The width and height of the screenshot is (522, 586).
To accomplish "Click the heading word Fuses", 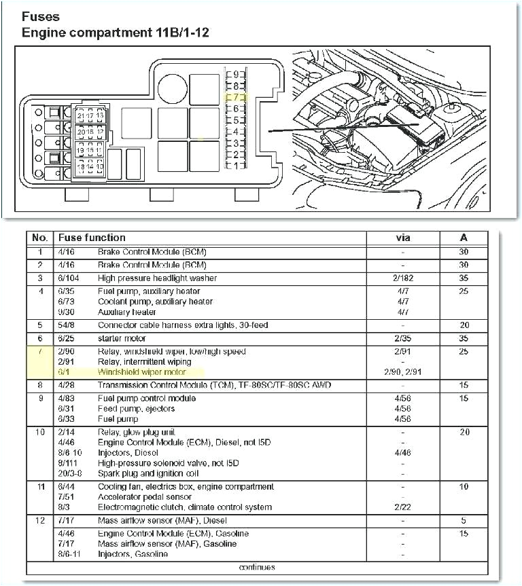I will point(41,16).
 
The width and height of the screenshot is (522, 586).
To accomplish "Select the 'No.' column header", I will point(40,238).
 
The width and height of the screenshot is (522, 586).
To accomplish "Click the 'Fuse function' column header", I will point(92,238).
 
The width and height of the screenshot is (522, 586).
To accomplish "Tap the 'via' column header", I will point(403,238).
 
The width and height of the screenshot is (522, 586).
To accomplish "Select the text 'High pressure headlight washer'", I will point(157,278).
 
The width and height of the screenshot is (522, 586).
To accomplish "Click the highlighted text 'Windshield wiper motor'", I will point(151,373).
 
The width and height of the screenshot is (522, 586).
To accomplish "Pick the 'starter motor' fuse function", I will point(122,338).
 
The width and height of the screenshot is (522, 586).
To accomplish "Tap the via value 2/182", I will point(403,278).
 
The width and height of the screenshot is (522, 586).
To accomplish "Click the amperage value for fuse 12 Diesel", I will point(464,521).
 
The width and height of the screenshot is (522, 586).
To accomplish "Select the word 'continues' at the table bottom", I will point(257,567).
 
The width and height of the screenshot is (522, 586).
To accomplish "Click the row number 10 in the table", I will point(40,432).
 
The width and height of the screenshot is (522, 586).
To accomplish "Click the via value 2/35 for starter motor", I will point(403,338).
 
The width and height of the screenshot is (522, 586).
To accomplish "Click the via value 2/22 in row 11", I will point(403,507).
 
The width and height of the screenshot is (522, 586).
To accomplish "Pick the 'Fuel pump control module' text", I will point(147,399).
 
